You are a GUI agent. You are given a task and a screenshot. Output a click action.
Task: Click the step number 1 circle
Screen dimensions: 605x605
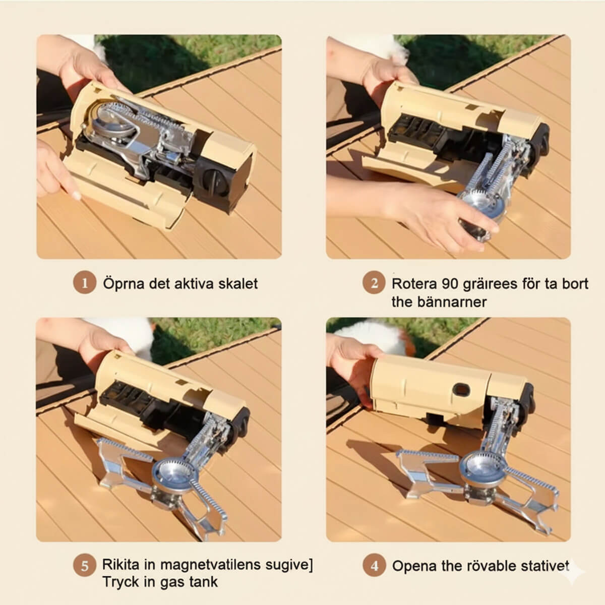[85, 283]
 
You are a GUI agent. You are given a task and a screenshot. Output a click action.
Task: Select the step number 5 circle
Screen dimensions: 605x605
[85, 566]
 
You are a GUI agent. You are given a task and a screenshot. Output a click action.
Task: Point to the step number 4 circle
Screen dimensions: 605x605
[374, 566]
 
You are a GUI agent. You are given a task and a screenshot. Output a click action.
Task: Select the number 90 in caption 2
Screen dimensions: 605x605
[451, 284]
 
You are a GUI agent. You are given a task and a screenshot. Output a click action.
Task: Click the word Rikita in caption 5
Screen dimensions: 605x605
[120, 564]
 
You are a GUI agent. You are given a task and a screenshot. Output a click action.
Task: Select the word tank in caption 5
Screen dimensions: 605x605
[203, 582]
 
